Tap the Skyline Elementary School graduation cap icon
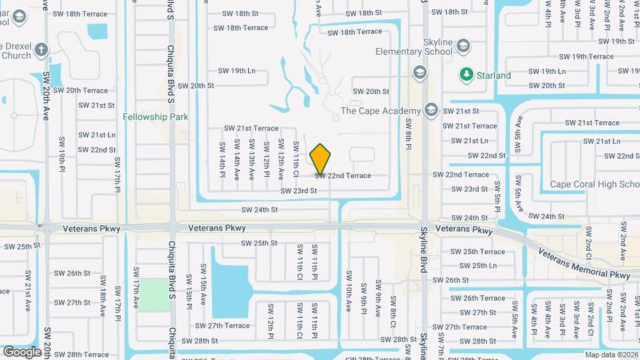[x=463, y=46]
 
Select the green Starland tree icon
[x=467, y=75]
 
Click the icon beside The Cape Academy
[x=431, y=111]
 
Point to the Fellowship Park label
[x=155, y=117]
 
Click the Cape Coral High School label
[x=594, y=184]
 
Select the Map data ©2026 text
[x=611, y=355]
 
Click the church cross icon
[x=41, y=50]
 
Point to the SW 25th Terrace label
[x=477, y=251]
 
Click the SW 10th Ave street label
[x=348, y=288]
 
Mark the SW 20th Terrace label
[x=80, y=90]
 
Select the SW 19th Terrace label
[x=586, y=57]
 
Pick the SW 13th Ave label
[x=251, y=159]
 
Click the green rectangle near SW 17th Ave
[x=154, y=293]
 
